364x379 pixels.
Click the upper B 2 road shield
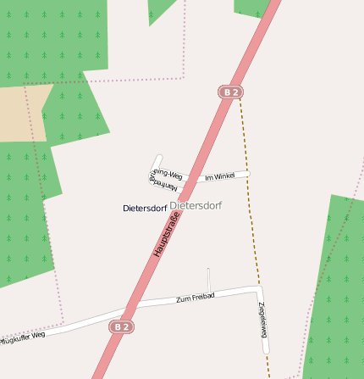tap(229, 92)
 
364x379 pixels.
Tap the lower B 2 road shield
tap(122, 326)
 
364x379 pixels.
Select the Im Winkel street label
tap(219, 176)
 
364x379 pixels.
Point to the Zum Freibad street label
tap(196, 297)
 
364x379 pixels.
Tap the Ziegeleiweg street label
tap(263, 319)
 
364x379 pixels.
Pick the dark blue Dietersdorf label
tap(145, 208)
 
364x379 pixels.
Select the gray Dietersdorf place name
tap(196, 205)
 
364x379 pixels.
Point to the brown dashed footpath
tap(248, 195)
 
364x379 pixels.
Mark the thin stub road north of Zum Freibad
tap(208, 280)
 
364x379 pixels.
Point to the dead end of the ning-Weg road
tap(158, 158)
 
